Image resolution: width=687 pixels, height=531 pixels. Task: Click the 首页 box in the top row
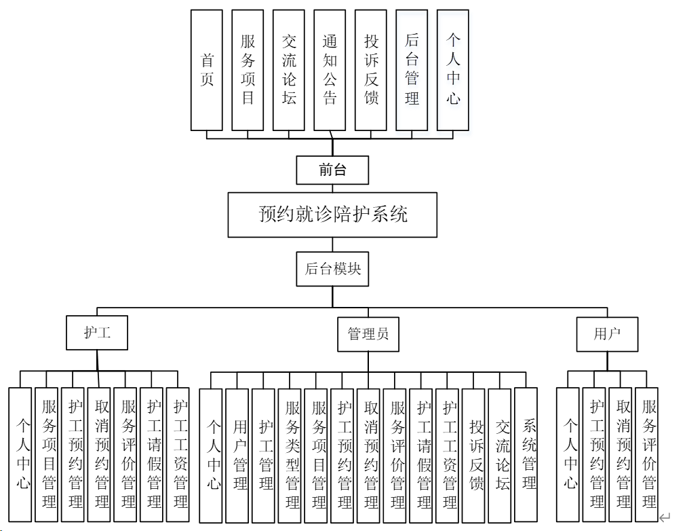206,70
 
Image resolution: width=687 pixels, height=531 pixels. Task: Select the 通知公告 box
330,70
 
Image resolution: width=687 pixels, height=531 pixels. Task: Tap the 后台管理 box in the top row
412,70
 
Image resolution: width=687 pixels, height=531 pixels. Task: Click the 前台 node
332,170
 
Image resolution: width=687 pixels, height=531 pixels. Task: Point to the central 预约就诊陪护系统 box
332,215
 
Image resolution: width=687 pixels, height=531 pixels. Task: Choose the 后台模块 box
332,269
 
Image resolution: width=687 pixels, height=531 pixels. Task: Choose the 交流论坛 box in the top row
289,70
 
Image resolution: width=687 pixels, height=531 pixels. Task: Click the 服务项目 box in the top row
248,70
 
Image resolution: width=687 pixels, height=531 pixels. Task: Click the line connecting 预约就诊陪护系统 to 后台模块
332,244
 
